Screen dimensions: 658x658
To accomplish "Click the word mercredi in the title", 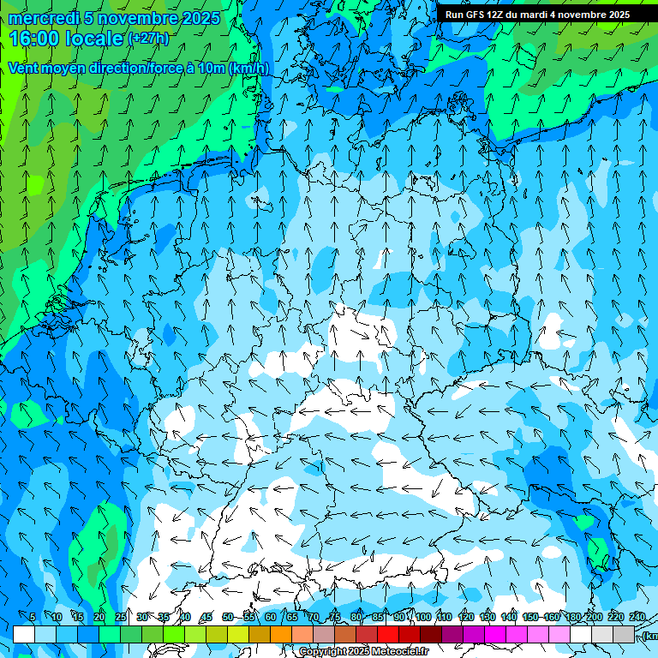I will point(42,18).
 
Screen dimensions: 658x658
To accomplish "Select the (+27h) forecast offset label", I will point(147,39).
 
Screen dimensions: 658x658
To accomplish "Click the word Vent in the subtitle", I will point(25,69).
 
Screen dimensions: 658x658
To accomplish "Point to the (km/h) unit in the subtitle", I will point(248,69).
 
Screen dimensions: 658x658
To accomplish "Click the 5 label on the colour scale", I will point(33,617).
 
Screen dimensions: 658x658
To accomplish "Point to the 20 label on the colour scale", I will point(99,617).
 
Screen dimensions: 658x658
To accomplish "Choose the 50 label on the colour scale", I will point(228,617).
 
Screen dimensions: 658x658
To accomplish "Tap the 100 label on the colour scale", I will point(422,617).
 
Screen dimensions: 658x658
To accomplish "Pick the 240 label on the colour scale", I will point(637,617).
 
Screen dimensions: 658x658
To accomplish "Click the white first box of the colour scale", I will point(24,634).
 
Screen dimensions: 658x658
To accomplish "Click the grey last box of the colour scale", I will point(625,634).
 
